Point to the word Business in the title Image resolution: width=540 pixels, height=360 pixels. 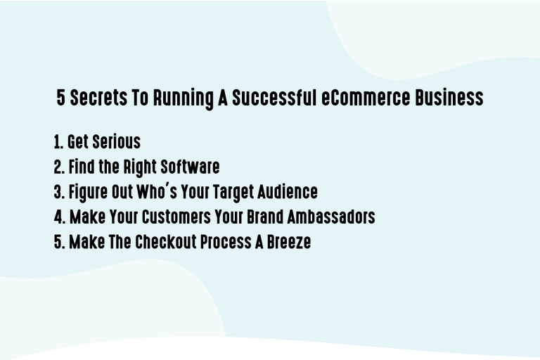click(x=449, y=98)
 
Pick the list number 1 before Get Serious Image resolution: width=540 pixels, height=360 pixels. click(x=58, y=142)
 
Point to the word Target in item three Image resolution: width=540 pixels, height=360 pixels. click(x=230, y=192)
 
